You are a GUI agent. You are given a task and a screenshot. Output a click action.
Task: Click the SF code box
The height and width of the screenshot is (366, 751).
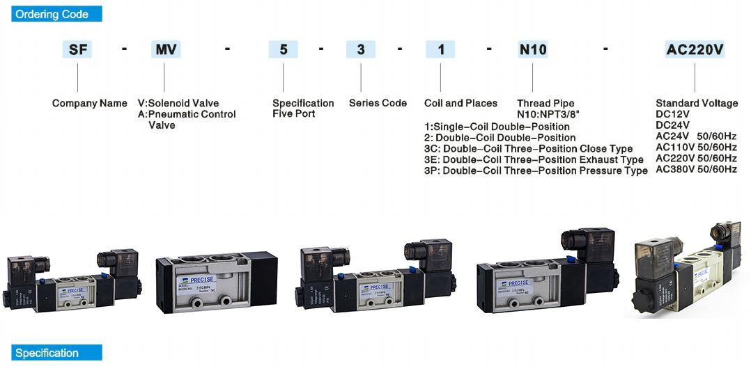click(77, 49)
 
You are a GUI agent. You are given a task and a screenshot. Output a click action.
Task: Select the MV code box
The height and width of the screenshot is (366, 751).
click(166, 49)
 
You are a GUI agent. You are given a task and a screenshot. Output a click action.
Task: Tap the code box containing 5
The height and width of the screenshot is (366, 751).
click(283, 49)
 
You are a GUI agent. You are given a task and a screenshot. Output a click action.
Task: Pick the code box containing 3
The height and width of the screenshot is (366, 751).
click(361, 49)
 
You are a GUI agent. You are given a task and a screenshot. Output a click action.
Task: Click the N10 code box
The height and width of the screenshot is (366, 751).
click(533, 49)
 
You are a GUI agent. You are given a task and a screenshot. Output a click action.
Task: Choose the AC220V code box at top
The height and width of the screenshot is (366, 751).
click(695, 49)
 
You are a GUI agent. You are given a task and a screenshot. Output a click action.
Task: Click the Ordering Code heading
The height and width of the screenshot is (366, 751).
click(56, 14)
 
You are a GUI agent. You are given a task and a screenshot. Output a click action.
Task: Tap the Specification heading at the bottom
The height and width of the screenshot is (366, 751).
click(56, 353)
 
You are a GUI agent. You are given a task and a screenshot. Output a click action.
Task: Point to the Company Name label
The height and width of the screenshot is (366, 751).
click(89, 103)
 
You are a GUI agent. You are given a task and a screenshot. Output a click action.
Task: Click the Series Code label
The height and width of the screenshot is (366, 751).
click(378, 103)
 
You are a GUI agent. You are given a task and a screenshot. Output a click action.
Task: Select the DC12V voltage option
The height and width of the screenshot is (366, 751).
click(672, 114)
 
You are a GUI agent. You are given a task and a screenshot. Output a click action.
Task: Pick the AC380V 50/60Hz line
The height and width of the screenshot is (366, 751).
click(696, 169)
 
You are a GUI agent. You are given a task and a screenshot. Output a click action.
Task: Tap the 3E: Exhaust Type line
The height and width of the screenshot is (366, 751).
click(534, 159)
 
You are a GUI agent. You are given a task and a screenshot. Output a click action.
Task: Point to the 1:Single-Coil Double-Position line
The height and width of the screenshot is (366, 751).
click(497, 127)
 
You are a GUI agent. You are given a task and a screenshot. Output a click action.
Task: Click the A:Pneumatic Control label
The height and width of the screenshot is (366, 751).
click(187, 114)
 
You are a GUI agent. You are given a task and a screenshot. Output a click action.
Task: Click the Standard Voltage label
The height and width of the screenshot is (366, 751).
click(697, 103)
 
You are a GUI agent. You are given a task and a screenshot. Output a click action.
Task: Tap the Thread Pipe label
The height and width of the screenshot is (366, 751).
click(545, 103)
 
